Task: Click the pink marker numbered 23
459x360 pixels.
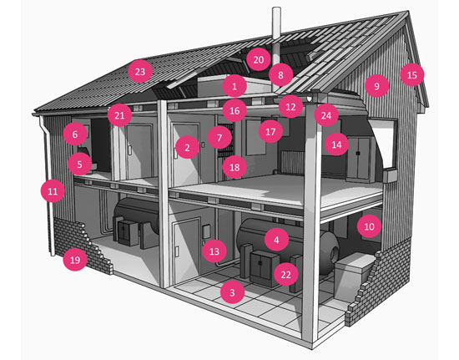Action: click(140, 71)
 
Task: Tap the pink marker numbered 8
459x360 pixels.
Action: click(280, 75)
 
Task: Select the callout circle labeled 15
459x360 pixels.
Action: click(412, 75)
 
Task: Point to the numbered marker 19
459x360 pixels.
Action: click(75, 260)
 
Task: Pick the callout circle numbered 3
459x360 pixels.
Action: click(232, 292)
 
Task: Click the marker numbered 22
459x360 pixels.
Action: click(285, 275)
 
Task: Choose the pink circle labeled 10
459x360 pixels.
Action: click(369, 226)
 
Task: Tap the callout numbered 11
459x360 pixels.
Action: click(53, 191)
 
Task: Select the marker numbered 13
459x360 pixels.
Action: click(214, 251)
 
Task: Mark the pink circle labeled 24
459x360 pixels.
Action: click(326, 115)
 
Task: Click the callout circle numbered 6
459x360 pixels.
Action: click(75, 134)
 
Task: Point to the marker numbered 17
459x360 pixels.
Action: click(270, 131)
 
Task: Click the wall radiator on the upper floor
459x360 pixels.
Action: click(292, 163)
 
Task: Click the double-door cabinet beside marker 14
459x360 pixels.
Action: click(360, 158)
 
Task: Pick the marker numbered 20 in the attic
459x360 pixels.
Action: click(259, 59)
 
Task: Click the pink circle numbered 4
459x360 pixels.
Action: click(276, 240)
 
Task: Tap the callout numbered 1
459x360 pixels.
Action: click(235, 86)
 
